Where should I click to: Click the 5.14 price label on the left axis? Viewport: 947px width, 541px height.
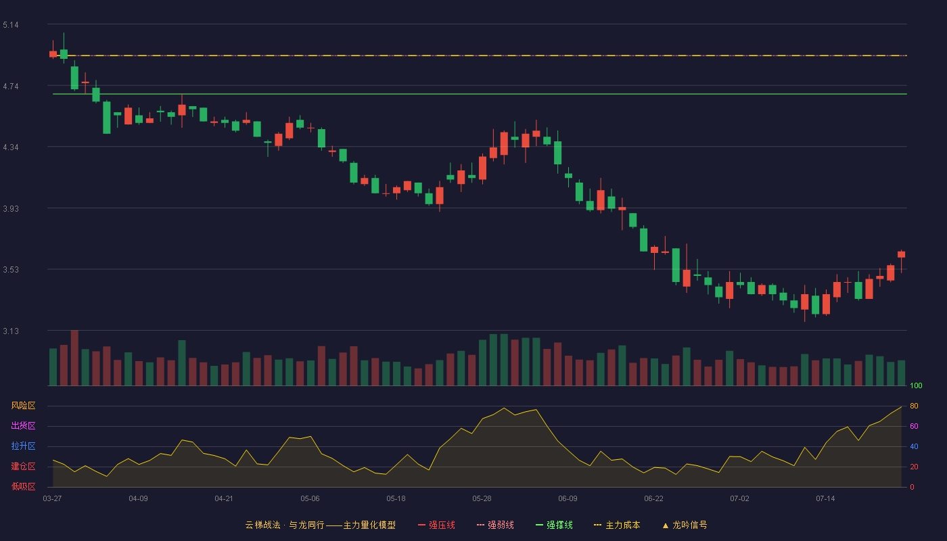tap(11, 25)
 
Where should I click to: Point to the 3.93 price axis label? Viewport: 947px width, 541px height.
tap(11, 209)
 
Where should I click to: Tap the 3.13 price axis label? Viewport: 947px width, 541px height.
tap(11, 331)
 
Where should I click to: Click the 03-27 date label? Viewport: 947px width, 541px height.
tap(53, 499)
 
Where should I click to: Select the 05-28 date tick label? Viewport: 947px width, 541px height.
tap(482, 499)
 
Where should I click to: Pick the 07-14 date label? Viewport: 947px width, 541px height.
tap(825, 499)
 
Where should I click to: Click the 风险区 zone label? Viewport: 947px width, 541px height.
tap(23, 406)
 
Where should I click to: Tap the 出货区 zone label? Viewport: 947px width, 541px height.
tap(23, 425)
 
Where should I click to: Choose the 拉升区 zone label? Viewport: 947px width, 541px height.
tap(23, 446)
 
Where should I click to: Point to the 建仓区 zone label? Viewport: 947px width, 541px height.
tap(23, 466)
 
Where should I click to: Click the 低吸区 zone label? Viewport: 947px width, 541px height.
tap(23, 486)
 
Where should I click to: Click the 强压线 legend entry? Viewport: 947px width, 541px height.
tap(437, 525)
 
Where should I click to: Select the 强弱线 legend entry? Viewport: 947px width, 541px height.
tap(495, 525)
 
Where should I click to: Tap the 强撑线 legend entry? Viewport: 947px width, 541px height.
tap(554, 525)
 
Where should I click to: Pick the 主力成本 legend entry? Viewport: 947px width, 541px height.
tap(617, 525)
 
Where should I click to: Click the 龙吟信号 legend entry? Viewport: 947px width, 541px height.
tap(685, 525)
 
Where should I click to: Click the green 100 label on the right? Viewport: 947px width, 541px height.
tap(916, 385)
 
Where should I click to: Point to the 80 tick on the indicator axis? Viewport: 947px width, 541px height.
tap(914, 406)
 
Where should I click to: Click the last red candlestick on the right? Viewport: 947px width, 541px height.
tap(901, 254)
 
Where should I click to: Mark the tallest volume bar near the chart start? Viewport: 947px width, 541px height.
tap(74, 358)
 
